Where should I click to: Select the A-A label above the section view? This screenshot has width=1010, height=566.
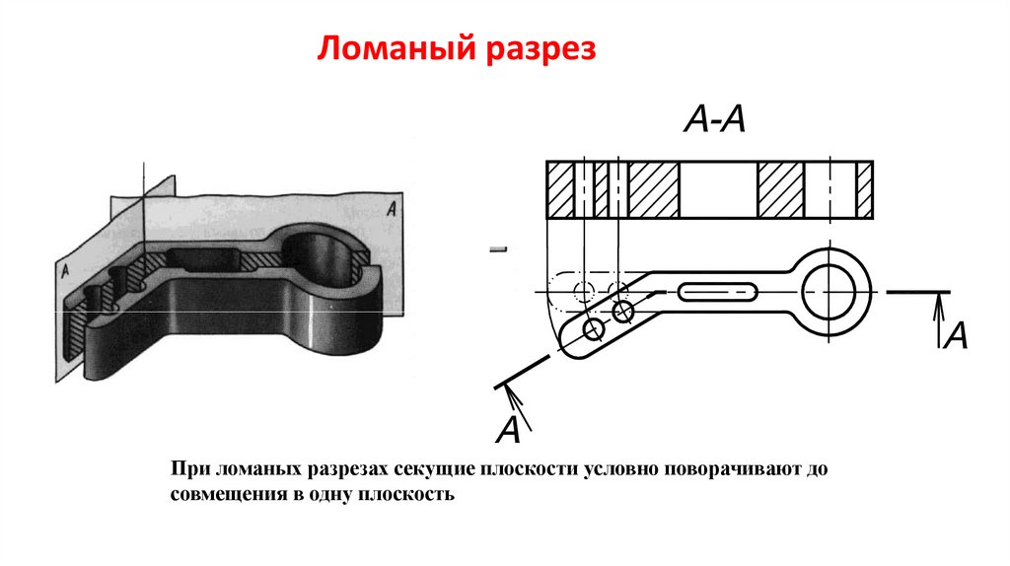pyautogui.click(x=714, y=120)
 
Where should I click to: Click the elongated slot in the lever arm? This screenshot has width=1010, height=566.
pyautogui.click(x=717, y=292)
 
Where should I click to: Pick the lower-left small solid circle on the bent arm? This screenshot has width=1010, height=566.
pyautogui.click(x=594, y=329)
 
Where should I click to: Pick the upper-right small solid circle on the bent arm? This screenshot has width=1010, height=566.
pyautogui.click(x=622, y=312)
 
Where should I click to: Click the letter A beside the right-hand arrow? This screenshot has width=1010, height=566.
pyautogui.click(x=955, y=337)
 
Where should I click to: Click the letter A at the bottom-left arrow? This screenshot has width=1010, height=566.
pyautogui.click(x=508, y=431)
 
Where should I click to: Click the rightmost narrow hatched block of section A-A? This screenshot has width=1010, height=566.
pyautogui.click(x=864, y=188)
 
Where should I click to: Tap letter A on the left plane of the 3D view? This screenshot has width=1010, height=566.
pyautogui.click(x=64, y=269)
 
